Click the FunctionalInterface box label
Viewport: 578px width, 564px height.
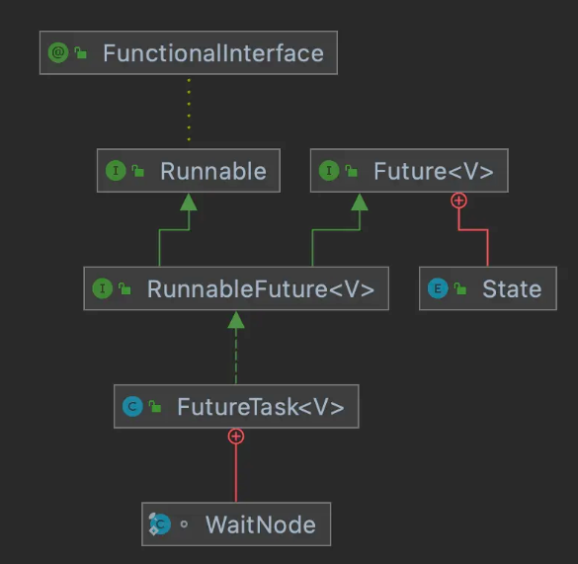212,52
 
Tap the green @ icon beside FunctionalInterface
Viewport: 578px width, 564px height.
57,52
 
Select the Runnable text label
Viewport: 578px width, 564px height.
212,171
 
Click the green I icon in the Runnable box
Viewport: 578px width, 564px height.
115,171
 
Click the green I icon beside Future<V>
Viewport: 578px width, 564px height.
328,171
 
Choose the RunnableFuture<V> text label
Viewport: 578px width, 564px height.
261,289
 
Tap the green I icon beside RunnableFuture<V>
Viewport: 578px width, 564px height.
101,289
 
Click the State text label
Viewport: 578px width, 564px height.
512,289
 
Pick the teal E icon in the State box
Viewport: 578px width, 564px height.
437,289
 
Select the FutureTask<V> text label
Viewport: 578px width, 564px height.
260,406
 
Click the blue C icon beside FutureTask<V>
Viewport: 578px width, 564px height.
130,406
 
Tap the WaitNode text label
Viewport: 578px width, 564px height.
260,524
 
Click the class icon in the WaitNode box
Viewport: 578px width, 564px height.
159,524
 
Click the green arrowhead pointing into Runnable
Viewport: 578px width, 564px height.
189,201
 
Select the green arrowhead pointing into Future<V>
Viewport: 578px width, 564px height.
360,201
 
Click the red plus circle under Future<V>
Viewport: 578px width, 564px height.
458,201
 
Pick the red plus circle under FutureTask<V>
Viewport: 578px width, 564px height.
235,436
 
